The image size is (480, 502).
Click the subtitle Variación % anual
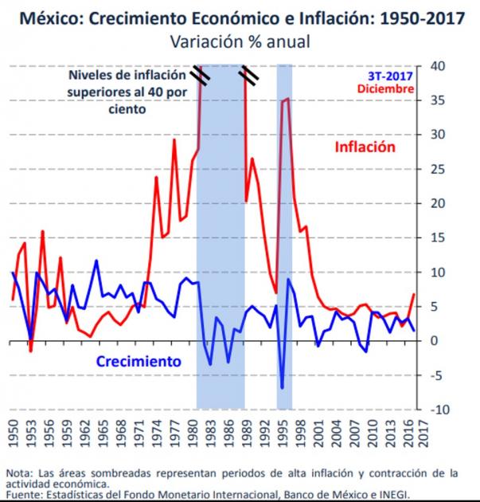(240, 41)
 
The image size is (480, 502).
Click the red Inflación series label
(365, 147)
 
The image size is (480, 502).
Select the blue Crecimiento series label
(139, 361)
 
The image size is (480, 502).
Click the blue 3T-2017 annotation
(390, 76)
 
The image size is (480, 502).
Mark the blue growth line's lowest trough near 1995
(282, 388)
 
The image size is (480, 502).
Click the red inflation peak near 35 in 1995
(287, 99)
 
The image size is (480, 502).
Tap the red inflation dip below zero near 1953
(30, 351)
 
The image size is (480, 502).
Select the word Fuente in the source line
(24, 494)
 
